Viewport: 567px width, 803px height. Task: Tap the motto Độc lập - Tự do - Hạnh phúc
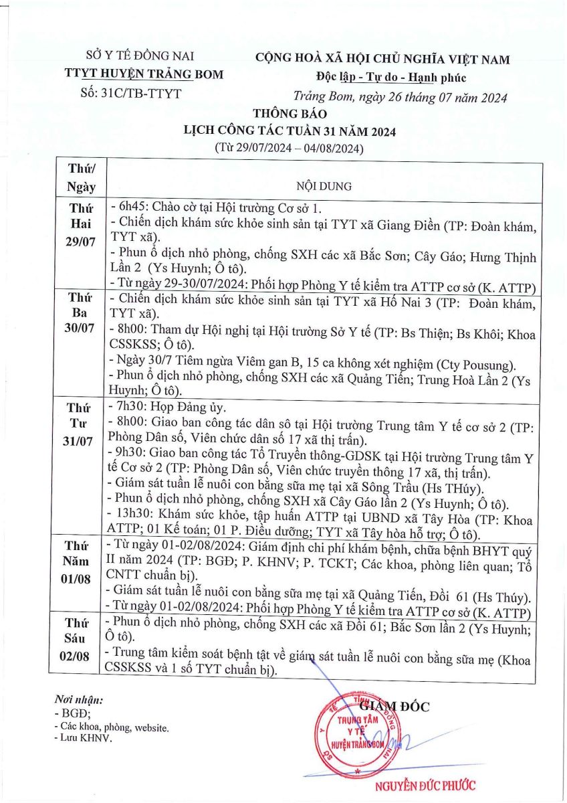(x=382, y=78)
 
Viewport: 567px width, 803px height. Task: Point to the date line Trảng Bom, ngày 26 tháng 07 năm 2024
(x=400, y=98)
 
